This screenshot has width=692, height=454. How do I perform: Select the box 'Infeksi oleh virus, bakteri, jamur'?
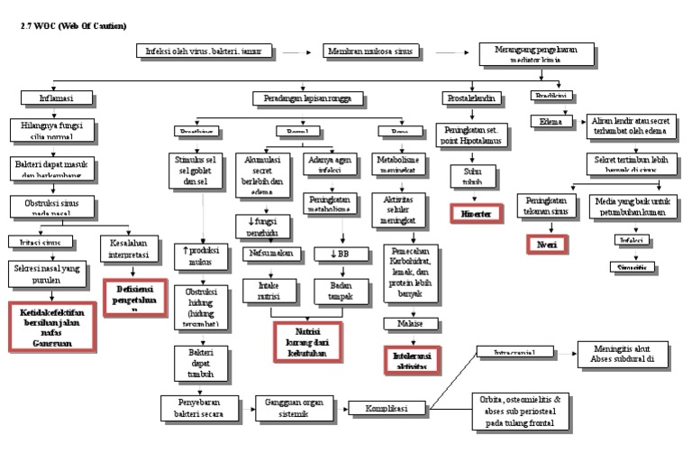point(204,53)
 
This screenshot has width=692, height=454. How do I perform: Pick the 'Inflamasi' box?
point(56,97)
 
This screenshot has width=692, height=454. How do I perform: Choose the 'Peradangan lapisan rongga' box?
point(307,97)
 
